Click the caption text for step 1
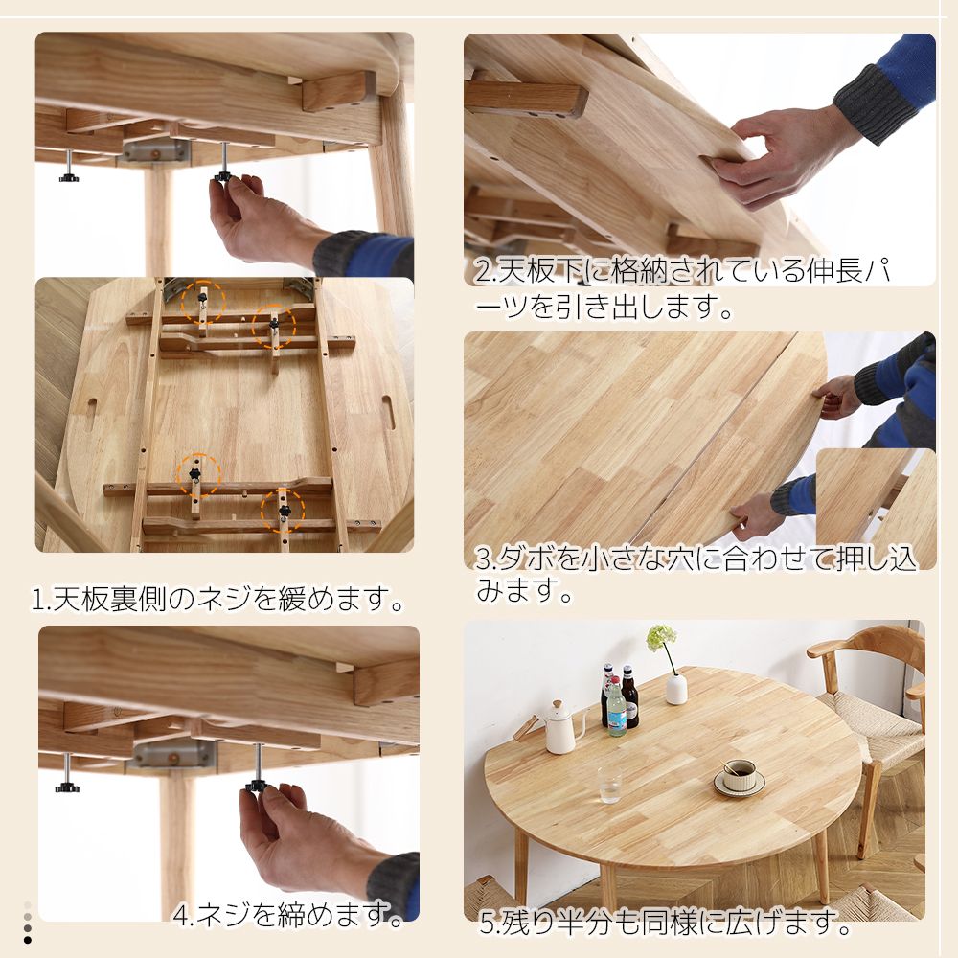coord(218,601)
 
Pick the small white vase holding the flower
coord(676,688)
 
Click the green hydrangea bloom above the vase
coord(661,637)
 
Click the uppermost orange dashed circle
coord(203,303)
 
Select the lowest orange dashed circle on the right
coord(284,512)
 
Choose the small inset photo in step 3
coord(875,508)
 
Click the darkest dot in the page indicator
coord(28,939)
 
